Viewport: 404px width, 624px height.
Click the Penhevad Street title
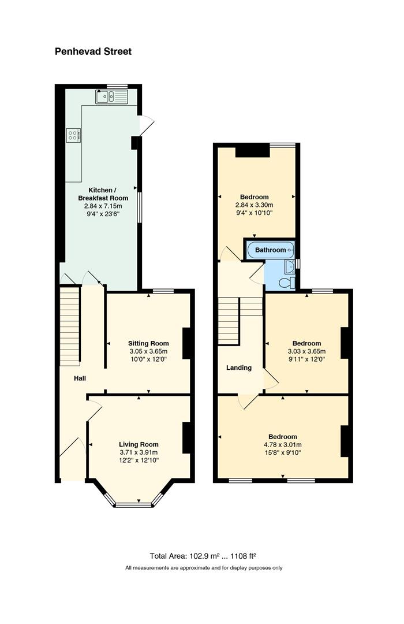pos(93,51)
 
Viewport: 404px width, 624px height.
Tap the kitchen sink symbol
pos(111,96)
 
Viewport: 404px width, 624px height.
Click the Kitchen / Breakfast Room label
pos(103,194)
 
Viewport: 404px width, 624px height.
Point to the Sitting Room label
pos(148,343)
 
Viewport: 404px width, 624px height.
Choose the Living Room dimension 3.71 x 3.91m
pos(139,452)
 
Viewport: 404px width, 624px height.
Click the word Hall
pos(80,378)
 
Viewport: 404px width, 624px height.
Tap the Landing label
pos(239,367)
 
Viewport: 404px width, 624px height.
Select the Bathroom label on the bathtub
pos(271,250)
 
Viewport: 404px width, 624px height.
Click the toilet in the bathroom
pos(287,283)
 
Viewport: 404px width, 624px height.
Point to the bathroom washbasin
pos(290,265)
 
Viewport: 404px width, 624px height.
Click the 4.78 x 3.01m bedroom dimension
pos(283,444)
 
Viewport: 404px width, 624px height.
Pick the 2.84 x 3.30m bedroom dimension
pos(255,205)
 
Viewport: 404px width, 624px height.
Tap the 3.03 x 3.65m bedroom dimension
pos(306,351)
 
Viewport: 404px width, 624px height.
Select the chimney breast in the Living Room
pos(186,437)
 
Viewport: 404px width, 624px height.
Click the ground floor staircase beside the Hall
pos(70,326)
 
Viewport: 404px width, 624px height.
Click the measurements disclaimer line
pos(204,568)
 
